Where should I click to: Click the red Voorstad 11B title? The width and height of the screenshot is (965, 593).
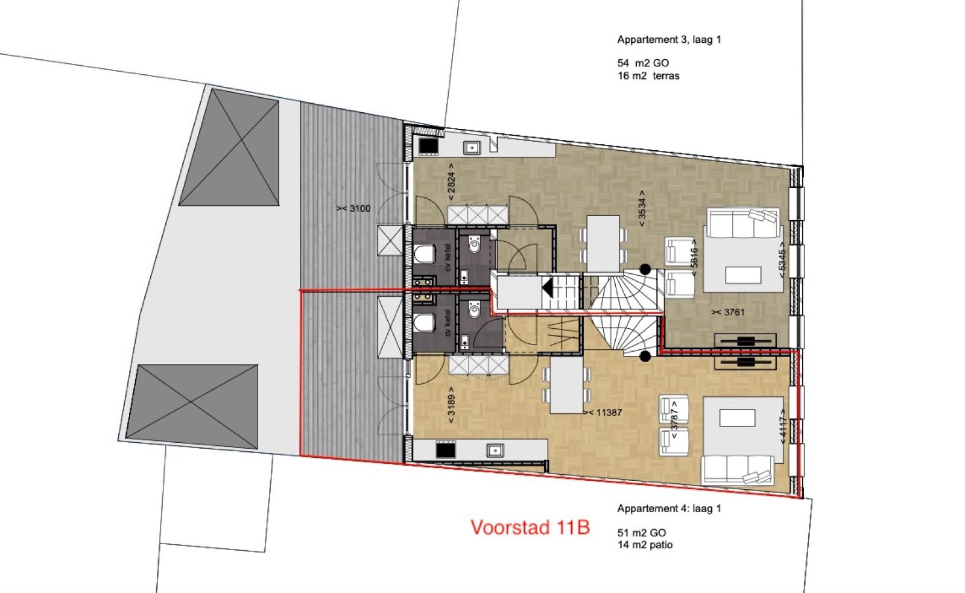530,527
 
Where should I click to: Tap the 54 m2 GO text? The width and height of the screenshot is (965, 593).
643,63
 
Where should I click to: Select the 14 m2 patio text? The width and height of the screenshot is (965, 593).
645,545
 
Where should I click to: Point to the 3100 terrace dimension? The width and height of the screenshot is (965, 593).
353,209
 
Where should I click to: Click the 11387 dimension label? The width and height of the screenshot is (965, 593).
603,413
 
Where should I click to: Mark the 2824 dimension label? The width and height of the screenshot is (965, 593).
451,182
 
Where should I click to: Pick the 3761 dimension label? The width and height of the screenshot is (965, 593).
728,312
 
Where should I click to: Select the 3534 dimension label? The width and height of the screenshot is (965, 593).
642,209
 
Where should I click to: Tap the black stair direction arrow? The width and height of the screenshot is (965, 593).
548,287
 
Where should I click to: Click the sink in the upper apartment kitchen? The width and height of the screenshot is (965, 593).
472,148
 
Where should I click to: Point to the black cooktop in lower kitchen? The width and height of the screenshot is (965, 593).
446,450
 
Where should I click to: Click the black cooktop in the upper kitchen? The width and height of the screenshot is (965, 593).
429,146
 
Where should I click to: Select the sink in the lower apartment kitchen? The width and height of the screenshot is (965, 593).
495,451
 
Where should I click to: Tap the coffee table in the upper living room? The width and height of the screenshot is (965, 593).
743,275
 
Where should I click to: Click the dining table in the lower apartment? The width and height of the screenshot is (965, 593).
567,385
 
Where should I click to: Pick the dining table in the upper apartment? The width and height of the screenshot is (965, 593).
603,244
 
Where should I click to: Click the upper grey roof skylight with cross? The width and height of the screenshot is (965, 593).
229,147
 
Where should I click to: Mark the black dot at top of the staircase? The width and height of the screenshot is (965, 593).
645,269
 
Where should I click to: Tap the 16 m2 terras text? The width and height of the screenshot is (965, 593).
648,76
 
